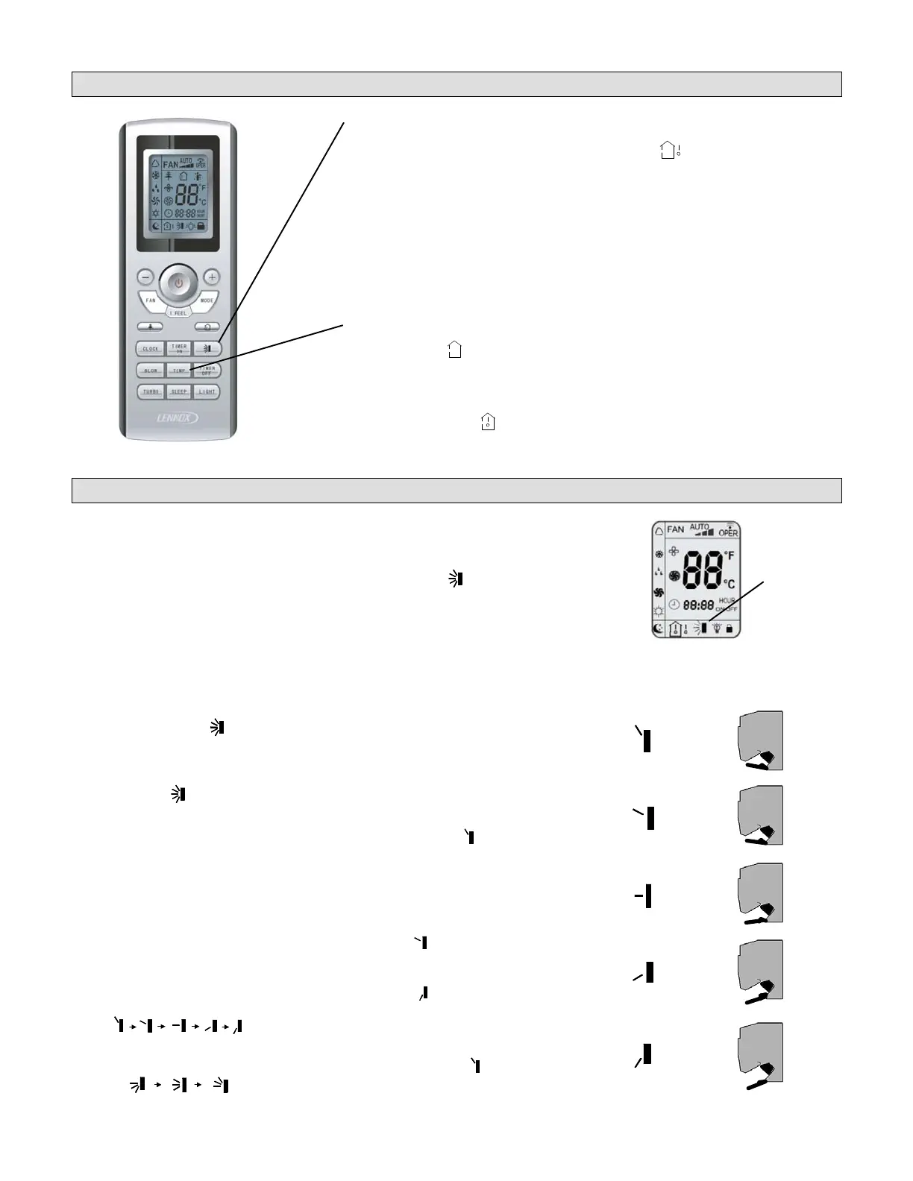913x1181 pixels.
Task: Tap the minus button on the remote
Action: pyautogui.click(x=145, y=277)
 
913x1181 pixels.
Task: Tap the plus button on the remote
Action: pyautogui.click(x=212, y=277)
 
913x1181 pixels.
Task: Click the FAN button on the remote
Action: pyautogui.click(x=151, y=300)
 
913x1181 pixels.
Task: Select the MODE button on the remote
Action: pyautogui.click(x=207, y=300)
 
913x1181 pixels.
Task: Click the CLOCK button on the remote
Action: pyautogui.click(x=151, y=348)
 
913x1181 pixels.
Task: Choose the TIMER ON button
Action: pyautogui.click(x=179, y=348)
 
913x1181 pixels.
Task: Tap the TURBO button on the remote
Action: pyautogui.click(x=151, y=391)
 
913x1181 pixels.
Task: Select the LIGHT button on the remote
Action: pyautogui.click(x=207, y=391)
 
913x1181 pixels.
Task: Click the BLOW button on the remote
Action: pyautogui.click(x=151, y=370)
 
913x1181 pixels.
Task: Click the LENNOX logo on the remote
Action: pyautogui.click(x=178, y=418)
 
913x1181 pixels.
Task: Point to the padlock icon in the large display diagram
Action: pyautogui.click(x=729, y=629)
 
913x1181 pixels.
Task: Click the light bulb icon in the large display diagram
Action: pyautogui.click(x=716, y=629)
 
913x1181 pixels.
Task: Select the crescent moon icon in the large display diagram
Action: pyautogui.click(x=658, y=629)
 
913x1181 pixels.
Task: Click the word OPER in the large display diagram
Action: pyautogui.click(x=728, y=532)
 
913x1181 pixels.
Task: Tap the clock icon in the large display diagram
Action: pyautogui.click(x=674, y=604)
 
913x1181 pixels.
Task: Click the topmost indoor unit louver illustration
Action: pyautogui.click(x=760, y=740)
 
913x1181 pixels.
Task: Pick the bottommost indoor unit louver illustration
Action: pyautogui.click(x=760, y=1056)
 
